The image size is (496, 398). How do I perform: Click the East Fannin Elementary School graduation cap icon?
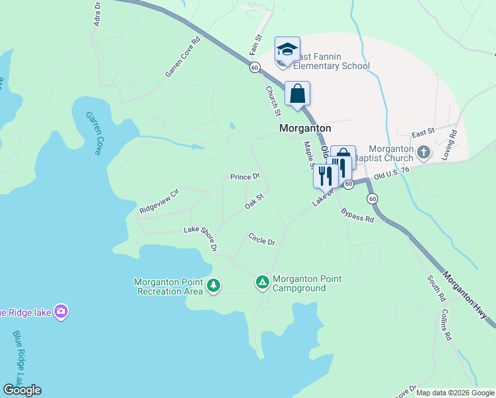coord(287,49)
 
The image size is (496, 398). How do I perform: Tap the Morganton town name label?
coord(304,129)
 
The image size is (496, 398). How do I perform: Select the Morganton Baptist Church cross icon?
coord(424,153)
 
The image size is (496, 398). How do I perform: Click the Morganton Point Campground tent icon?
coord(263,283)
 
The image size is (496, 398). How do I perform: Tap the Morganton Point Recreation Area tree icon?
coord(213,286)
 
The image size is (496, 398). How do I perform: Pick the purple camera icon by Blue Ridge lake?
coord(61,311)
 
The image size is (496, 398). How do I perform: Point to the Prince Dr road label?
coord(245,176)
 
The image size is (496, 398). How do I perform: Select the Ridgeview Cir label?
coord(159,200)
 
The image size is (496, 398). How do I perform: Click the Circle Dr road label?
coord(261,239)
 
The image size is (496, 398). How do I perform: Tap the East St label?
coord(422,133)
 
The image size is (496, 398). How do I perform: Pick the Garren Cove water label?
coord(93,133)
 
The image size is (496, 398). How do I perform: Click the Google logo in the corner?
coord(22,390)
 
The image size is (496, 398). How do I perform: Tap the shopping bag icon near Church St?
coord(298,94)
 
